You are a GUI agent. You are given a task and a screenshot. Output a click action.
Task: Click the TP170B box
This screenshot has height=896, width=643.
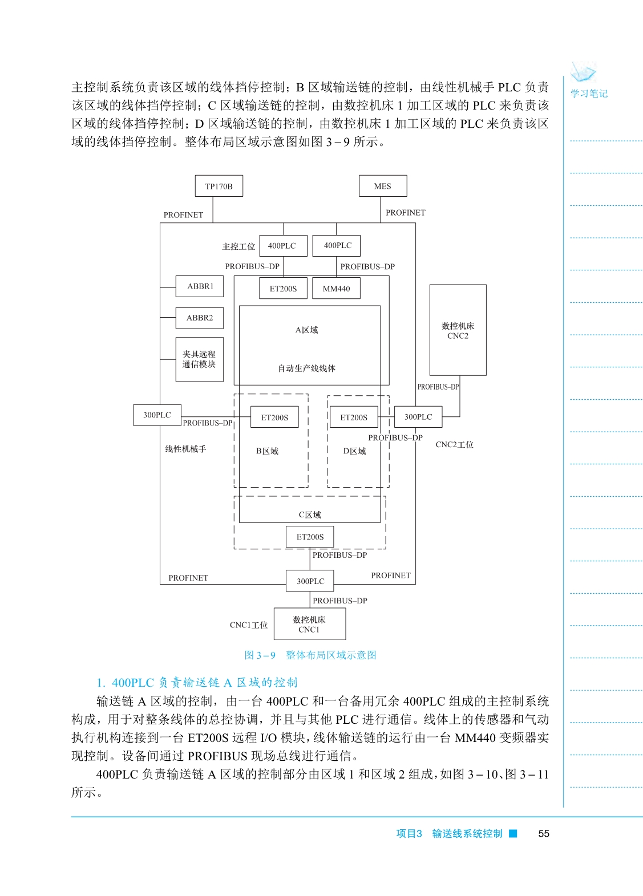[219, 186]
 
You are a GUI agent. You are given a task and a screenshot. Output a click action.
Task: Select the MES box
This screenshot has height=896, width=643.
[383, 186]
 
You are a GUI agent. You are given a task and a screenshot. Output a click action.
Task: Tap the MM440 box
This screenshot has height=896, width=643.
[337, 289]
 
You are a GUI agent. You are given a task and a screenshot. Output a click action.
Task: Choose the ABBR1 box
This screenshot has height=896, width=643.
[200, 286]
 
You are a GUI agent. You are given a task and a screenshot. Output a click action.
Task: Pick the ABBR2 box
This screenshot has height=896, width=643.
[200, 318]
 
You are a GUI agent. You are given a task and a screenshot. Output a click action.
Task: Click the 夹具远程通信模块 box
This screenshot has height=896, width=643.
[199, 359]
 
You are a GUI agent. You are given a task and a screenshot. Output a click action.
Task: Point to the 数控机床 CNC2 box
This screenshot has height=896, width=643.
[458, 330]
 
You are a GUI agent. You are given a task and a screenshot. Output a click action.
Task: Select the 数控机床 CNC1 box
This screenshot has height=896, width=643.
[309, 624]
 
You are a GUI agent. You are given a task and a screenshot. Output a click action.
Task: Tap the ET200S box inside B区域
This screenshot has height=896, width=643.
[274, 417]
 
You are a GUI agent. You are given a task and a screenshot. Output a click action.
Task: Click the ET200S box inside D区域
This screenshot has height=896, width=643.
[354, 417]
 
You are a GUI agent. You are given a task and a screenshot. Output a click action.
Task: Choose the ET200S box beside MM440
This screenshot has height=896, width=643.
[284, 289]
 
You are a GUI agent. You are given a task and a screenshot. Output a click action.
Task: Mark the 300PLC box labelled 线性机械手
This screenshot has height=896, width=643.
[157, 415]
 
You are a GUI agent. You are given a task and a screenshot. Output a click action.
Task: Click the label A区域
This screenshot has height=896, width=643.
[306, 330]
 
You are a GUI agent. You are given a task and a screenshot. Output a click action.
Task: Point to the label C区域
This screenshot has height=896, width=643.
[310, 514]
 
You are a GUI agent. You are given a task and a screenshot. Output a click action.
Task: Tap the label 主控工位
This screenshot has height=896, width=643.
[238, 246]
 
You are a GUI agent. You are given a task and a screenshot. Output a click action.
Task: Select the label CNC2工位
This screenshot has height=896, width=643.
[454, 445]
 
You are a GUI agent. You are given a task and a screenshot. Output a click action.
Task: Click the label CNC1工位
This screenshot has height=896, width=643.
[249, 625]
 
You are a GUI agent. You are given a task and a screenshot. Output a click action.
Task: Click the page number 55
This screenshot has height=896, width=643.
[544, 834]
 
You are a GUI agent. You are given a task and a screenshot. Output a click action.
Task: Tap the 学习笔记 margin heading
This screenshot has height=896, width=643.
[589, 94]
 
